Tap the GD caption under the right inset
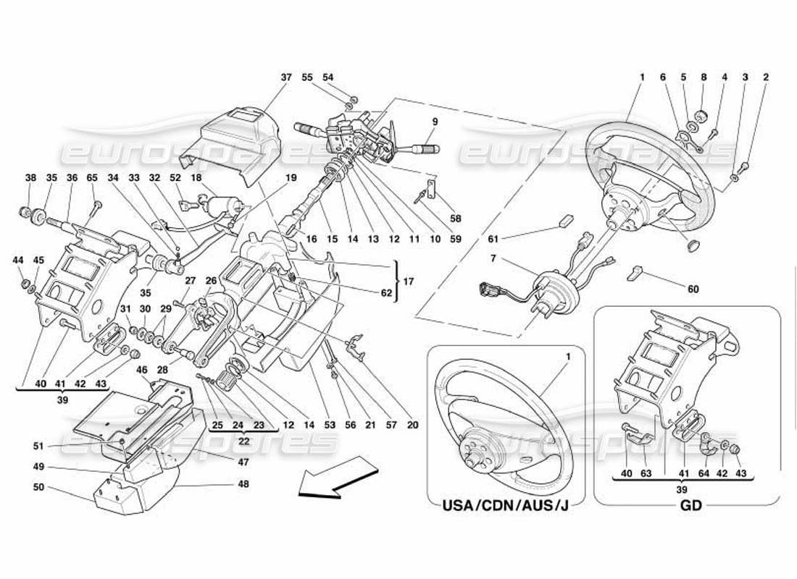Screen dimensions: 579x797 pos(691,505)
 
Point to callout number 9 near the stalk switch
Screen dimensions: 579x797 pos(435,121)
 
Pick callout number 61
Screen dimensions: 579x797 pos(493,237)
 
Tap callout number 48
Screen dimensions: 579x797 pos(243,483)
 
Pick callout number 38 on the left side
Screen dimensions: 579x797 pos(30,177)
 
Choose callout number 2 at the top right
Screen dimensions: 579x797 pos(766,77)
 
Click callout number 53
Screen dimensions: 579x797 pos(330,426)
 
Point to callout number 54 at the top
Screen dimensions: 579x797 pos(328,77)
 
